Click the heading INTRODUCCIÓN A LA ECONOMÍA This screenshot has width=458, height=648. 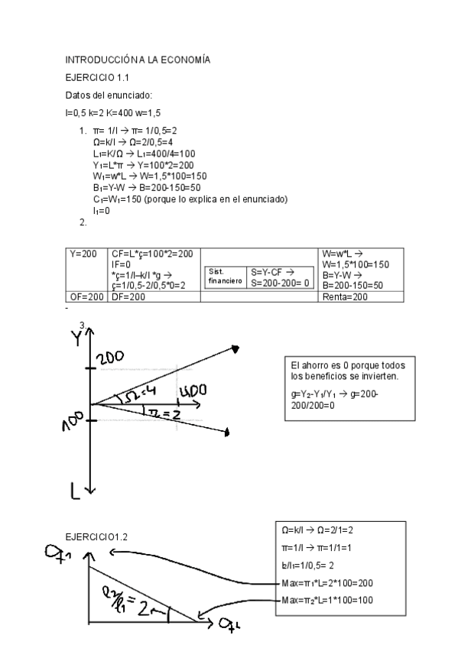[138, 59]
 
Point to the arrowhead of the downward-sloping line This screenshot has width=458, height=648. [228, 434]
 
